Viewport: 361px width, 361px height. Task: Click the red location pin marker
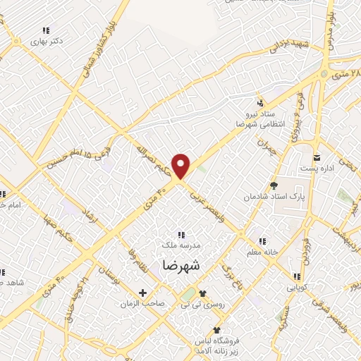[x=182, y=166]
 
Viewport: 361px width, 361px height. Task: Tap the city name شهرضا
[x=180, y=265]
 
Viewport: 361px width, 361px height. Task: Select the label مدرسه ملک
[x=180, y=244]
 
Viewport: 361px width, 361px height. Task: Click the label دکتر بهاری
[x=47, y=42]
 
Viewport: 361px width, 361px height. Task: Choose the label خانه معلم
[x=264, y=252]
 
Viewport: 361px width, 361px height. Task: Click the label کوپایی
[x=295, y=287]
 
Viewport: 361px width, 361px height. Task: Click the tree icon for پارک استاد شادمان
[x=274, y=186]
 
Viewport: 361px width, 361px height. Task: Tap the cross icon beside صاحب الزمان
[x=143, y=293]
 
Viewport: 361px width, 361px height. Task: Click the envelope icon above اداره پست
[x=317, y=156]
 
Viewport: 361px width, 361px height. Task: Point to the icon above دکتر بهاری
[x=47, y=30]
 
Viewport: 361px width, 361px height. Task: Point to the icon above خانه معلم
[x=262, y=240]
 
